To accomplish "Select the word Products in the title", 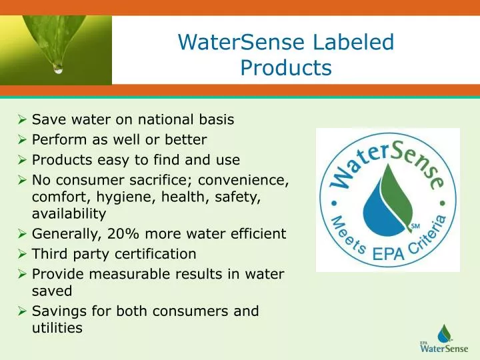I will pos(286,68).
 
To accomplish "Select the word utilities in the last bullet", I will pos(57,327).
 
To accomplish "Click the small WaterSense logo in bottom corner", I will pos(444,339).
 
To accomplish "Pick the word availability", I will pos(69,214).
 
